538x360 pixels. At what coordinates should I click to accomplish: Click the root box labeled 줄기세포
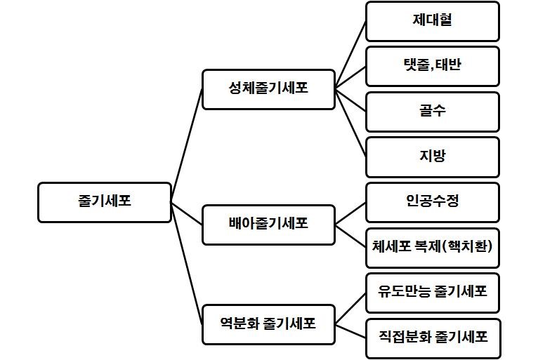[x=104, y=202]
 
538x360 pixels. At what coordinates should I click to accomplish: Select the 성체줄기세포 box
[x=268, y=89]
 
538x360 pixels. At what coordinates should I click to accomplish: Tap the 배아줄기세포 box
[x=268, y=225]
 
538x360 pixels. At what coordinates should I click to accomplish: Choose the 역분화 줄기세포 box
[x=268, y=324]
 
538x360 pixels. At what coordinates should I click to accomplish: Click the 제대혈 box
[x=432, y=21]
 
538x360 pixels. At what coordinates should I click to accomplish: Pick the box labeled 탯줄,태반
[x=432, y=66]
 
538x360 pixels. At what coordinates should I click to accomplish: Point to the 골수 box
[x=432, y=112]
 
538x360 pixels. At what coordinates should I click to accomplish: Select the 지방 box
[x=432, y=156]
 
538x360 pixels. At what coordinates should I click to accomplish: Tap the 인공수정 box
[x=432, y=202]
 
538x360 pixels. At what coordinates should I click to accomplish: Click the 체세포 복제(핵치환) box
[x=432, y=247]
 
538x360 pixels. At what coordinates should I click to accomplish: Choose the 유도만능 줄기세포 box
[x=432, y=293]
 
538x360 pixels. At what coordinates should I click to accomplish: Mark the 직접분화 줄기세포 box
[x=432, y=338]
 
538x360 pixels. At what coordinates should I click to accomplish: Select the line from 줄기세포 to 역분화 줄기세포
[x=187, y=264]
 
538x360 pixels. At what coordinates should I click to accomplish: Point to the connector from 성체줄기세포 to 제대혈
[x=350, y=55]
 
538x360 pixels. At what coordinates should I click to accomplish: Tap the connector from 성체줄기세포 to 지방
[x=350, y=123]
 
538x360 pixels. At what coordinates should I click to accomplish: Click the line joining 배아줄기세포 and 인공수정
[x=350, y=214]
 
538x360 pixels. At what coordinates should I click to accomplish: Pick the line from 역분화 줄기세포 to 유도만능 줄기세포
[x=350, y=309]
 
